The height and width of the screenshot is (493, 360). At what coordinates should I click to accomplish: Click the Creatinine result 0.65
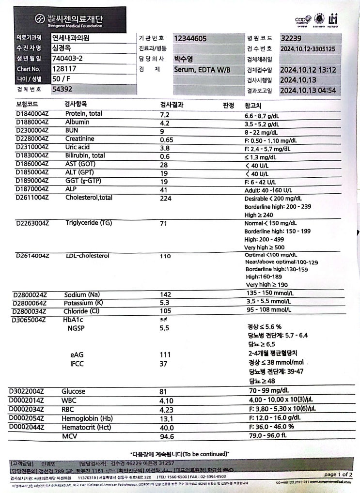click(x=167, y=140)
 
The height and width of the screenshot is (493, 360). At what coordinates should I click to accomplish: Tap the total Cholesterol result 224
click(x=166, y=198)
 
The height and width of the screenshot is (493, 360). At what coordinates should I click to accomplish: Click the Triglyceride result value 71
click(x=164, y=223)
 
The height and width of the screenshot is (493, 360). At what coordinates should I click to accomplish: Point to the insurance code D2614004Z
click(x=33, y=256)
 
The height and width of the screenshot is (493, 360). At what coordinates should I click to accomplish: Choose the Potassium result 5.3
click(x=165, y=303)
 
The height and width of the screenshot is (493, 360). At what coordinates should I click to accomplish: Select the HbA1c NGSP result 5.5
click(x=165, y=328)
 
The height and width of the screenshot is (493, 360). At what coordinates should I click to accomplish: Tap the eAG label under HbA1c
click(x=77, y=354)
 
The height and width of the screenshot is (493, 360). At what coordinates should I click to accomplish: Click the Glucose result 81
click(x=164, y=391)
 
